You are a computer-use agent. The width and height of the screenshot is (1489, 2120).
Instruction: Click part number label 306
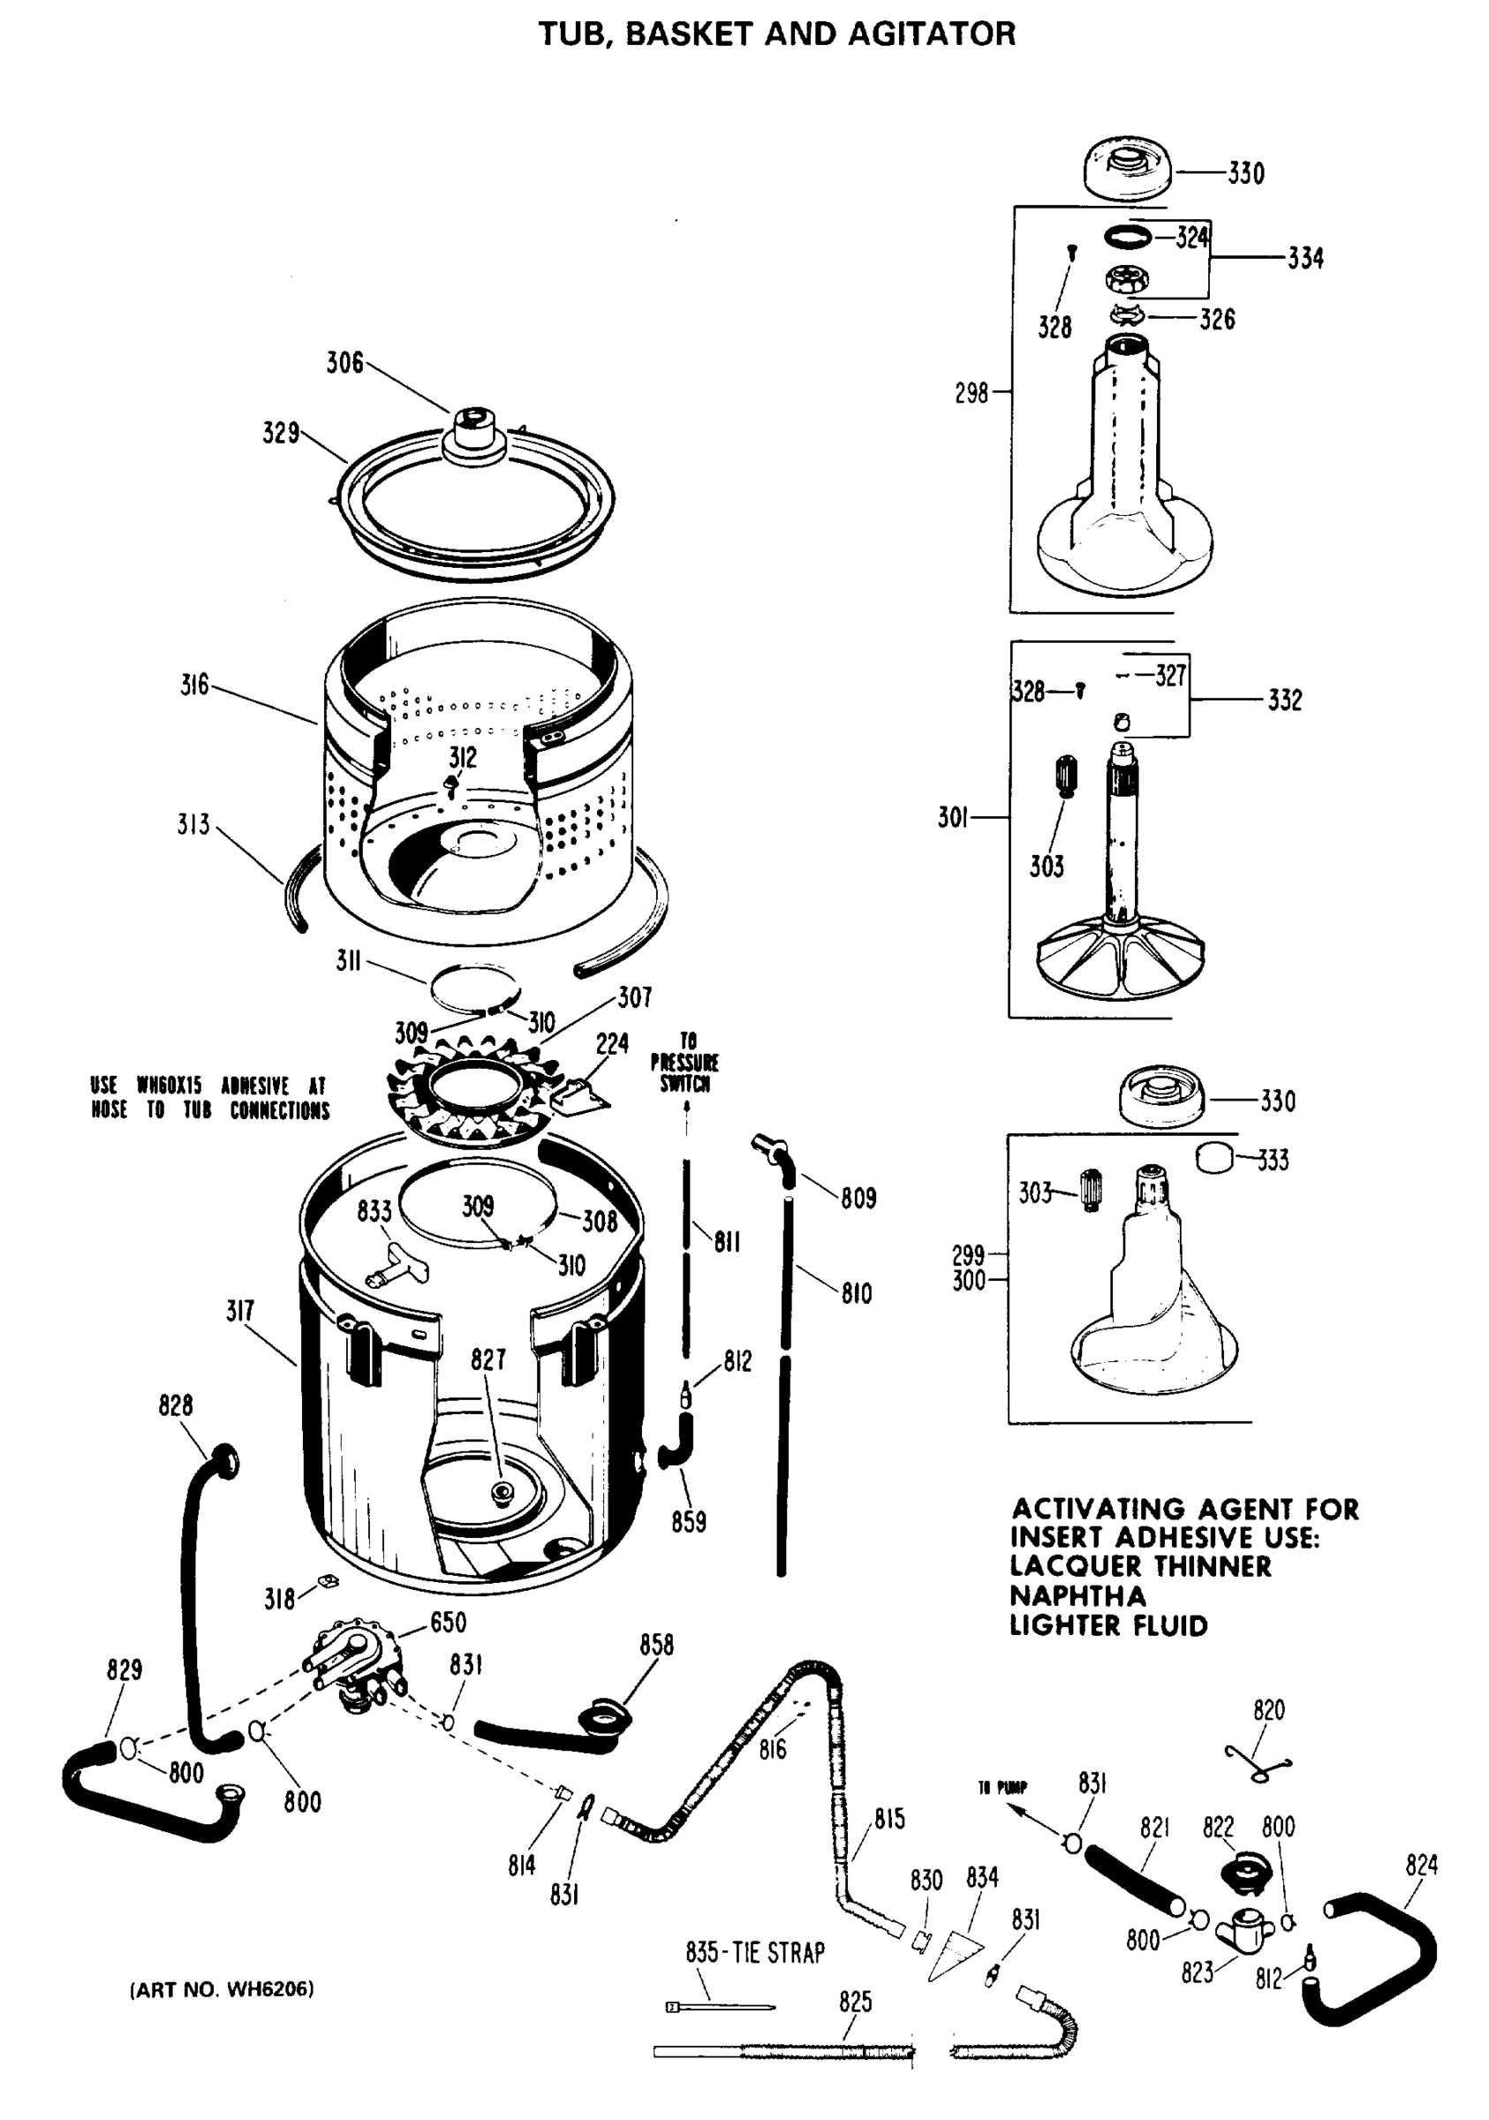click(344, 363)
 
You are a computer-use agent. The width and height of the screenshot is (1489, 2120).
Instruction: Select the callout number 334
click(1305, 258)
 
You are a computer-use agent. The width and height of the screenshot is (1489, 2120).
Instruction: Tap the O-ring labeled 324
click(1128, 238)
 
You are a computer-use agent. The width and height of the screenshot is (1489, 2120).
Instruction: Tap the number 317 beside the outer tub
click(240, 1310)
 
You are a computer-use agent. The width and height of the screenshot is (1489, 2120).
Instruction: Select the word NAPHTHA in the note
click(1077, 1595)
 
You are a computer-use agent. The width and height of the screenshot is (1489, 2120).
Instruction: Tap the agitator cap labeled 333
click(1215, 1158)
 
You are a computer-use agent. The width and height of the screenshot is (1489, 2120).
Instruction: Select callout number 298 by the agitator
click(971, 393)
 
